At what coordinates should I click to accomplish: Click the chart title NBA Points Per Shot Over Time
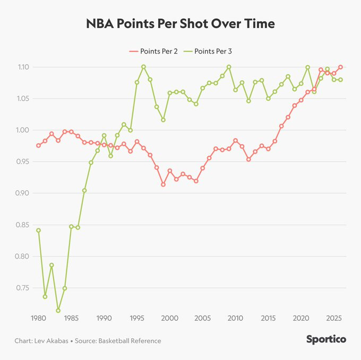[180, 24]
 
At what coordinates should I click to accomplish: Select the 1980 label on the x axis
[38, 318]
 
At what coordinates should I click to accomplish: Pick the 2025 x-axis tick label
[333, 318]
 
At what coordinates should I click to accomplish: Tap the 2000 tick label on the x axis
[169, 318]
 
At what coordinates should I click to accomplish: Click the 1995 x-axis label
[136, 318]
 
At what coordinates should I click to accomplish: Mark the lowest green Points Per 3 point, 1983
[58, 311]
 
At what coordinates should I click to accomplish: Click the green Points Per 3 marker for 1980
[38, 230]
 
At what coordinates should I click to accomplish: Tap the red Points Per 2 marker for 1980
[38, 145]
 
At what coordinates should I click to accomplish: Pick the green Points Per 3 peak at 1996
[143, 67]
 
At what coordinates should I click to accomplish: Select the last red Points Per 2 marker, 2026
[340, 67]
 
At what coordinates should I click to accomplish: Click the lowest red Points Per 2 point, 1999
[163, 185]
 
